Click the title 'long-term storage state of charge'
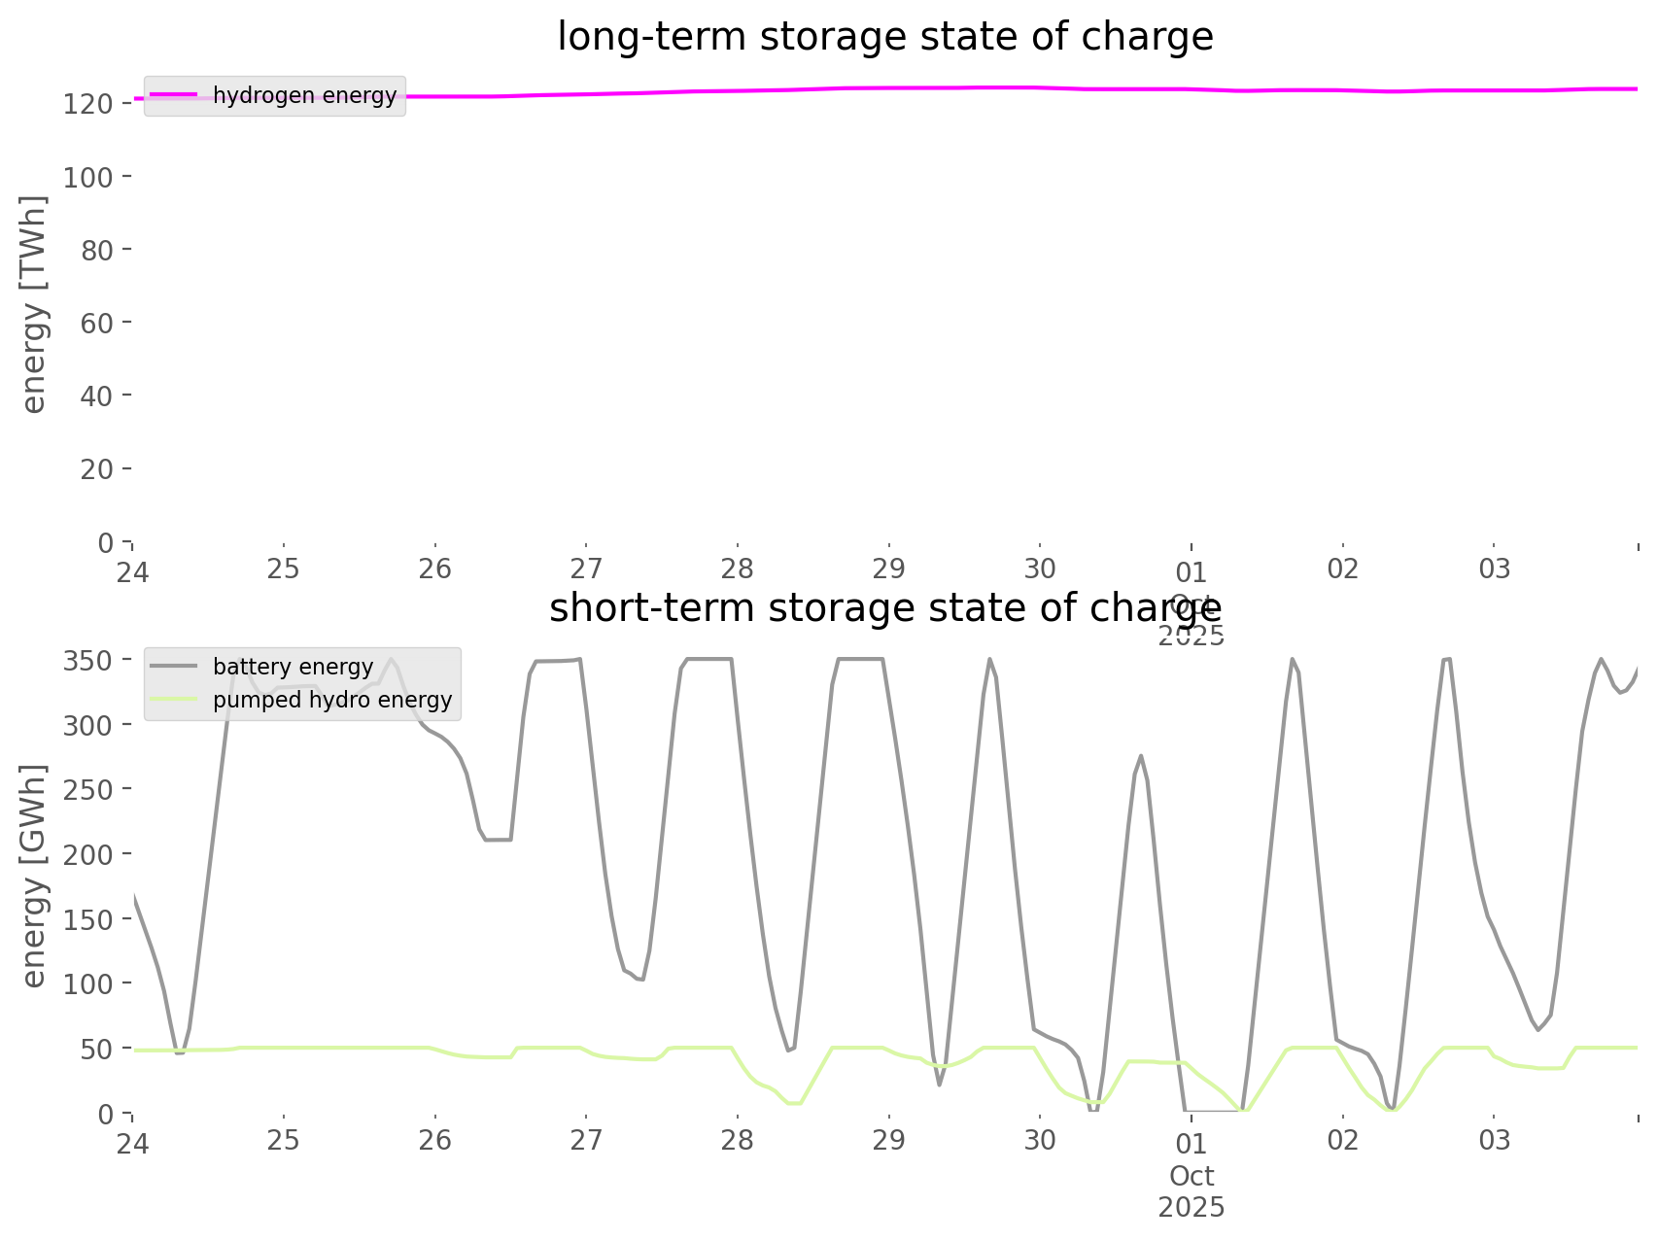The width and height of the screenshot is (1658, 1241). pos(884,37)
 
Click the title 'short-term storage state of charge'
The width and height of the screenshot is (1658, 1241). pos(884,608)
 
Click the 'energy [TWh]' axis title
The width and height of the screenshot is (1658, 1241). pos(34,304)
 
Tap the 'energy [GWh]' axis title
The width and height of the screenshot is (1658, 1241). pos(34,876)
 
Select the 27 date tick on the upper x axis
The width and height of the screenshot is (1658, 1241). pos(586,569)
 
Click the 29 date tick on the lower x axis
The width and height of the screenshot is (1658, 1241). pos(888,1140)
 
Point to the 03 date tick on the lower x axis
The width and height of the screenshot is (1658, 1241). pos(1494,1140)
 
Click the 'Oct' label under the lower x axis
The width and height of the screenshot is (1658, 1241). pos(1192,1176)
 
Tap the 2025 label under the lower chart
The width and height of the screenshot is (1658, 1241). pos(1192,1208)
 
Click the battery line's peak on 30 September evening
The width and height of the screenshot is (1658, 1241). pos(1141,755)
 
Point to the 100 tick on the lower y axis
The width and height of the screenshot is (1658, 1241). pos(88,983)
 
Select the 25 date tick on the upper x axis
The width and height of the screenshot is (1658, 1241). pos(284,569)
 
